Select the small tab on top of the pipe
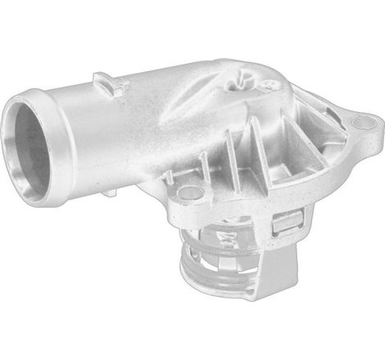[105, 80]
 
